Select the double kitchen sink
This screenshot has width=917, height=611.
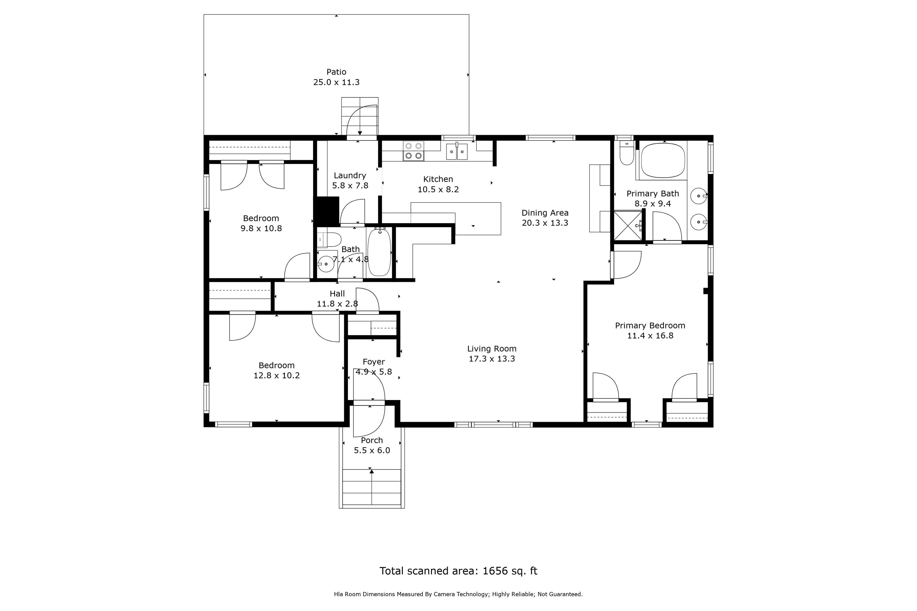(457, 151)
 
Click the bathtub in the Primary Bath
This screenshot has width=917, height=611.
(663, 161)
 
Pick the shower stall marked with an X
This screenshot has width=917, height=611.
(628, 226)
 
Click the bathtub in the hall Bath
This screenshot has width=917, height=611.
(379, 252)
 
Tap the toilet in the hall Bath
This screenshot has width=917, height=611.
(329, 240)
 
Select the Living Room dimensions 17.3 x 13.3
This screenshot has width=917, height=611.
(492, 359)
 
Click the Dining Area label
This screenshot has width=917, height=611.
(545, 213)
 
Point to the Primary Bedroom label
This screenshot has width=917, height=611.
(650, 326)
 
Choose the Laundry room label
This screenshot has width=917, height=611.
(350, 176)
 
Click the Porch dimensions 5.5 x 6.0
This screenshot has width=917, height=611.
(372, 450)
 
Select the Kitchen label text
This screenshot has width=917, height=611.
(438, 179)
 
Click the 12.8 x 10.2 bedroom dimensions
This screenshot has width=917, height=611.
(276, 376)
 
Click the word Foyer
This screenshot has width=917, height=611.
(373, 362)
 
